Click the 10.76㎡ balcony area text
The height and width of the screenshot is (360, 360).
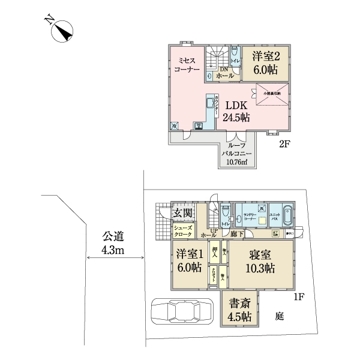[238, 161]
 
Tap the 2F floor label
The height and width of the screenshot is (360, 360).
[284, 145]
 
